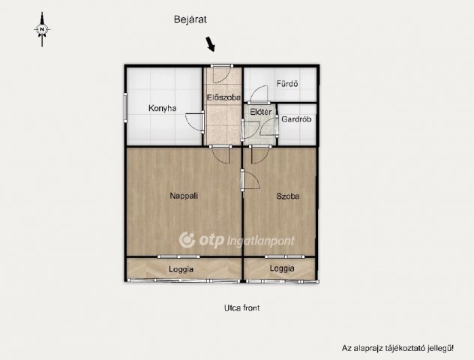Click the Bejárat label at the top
click(190, 19)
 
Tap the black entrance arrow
click(211, 44)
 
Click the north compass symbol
click(42, 29)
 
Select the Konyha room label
click(162, 108)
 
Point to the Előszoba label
click(223, 97)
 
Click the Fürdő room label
click(287, 84)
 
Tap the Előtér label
click(260, 112)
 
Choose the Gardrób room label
click(296, 119)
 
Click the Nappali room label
click(184, 196)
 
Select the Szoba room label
click(288, 196)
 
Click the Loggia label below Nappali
click(181, 269)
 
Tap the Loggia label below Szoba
click(282, 268)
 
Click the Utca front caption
click(241, 308)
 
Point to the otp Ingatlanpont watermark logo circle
click(187, 240)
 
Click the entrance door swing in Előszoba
click(222, 74)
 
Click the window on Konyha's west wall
click(125, 107)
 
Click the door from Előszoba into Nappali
click(220, 154)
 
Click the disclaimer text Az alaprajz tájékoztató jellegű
click(397, 348)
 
